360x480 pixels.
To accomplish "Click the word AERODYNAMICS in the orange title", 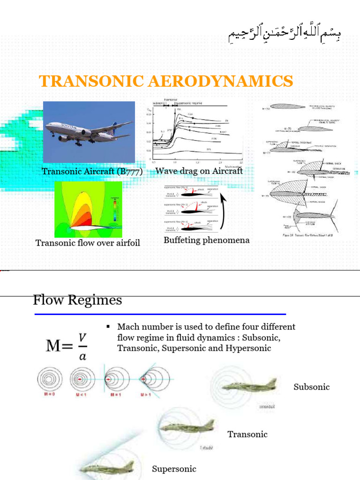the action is click(220, 81).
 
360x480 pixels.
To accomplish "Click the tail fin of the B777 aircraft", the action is click(114, 126).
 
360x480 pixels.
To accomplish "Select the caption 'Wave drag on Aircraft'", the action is click(199, 171).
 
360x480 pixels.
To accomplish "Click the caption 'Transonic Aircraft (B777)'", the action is click(92, 171).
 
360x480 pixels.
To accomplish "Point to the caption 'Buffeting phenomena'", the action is click(206, 240).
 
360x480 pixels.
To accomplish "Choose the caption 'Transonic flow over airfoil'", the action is click(88, 243).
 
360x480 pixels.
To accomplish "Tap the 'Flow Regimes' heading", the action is click(77, 300).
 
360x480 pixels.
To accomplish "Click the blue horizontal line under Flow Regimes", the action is click(159, 314).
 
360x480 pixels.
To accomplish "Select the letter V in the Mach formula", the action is click(82, 338).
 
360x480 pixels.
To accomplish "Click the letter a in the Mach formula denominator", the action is click(82, 356).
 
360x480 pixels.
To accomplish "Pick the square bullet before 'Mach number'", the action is click(108, 326).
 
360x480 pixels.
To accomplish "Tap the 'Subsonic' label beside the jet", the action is click(312, 387).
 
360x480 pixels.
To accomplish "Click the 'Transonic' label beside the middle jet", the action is click(247, 434).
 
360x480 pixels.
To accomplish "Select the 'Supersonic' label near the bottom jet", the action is click(174, 469).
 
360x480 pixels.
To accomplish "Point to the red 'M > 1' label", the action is click(146, 395).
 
